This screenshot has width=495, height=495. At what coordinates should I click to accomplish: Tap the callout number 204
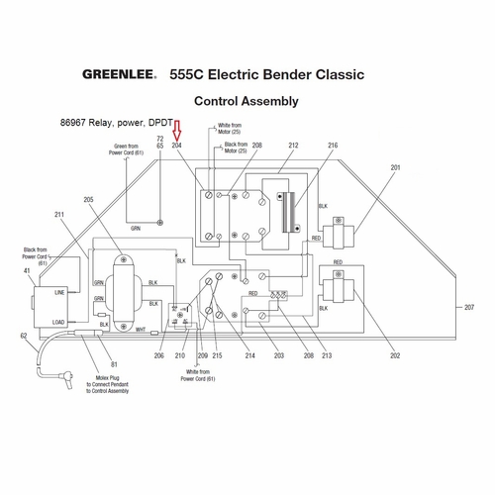click(178, 146)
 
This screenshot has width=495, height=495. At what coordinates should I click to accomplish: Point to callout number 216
click(333, 146)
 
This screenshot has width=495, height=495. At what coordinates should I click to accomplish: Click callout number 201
click(396, 168)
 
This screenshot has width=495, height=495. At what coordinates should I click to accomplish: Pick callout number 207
click(469, 308)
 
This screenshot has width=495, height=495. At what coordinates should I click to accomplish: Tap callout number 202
click(396, 354)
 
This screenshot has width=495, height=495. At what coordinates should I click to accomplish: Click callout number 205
click(89, 200)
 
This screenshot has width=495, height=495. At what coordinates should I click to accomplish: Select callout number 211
click(59, 215)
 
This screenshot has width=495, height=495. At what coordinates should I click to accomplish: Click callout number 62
click(23, 337)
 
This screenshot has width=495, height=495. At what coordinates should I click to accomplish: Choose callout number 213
click(326, 354)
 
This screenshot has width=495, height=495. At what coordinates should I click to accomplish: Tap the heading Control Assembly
click(247, 101)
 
